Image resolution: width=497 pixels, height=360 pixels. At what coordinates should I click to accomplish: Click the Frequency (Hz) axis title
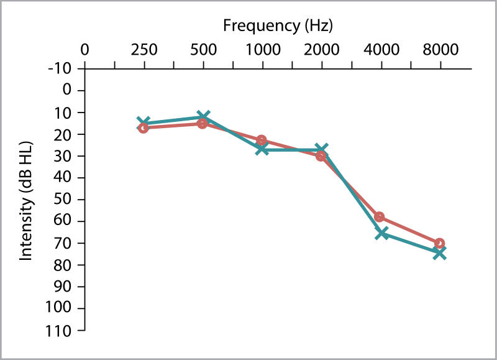pos(278,26)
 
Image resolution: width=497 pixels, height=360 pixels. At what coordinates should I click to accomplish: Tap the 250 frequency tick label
pos(144,50)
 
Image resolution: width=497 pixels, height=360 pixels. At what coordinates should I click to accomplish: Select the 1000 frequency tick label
pos(262,50)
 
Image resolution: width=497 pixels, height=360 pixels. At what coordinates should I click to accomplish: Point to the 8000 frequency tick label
pos(440,50)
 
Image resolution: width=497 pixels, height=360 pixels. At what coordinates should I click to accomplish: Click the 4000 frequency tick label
pos(380,50)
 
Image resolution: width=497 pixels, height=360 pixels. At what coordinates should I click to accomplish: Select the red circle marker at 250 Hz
pos(144,127)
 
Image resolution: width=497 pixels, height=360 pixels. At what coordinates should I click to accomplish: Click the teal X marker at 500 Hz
pos(203,116)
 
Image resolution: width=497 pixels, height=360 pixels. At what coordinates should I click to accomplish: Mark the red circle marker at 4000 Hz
pos(380,217)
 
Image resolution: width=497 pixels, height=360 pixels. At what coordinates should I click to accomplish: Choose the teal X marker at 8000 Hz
pos(439,252)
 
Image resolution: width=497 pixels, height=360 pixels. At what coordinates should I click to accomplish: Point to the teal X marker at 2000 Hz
pos(321,150)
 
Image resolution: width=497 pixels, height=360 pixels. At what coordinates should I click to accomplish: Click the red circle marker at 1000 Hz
pos(262,141)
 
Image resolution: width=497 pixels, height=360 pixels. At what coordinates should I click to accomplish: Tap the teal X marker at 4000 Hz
pos(381,233)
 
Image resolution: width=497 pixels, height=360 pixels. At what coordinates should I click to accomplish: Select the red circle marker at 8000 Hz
pos(439,243)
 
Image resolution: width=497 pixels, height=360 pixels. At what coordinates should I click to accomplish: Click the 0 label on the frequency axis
pos(84,50)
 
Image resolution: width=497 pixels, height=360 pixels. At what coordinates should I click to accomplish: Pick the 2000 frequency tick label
pos(321,50)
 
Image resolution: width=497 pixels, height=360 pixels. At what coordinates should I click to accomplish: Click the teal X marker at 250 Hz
pos(144,123)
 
